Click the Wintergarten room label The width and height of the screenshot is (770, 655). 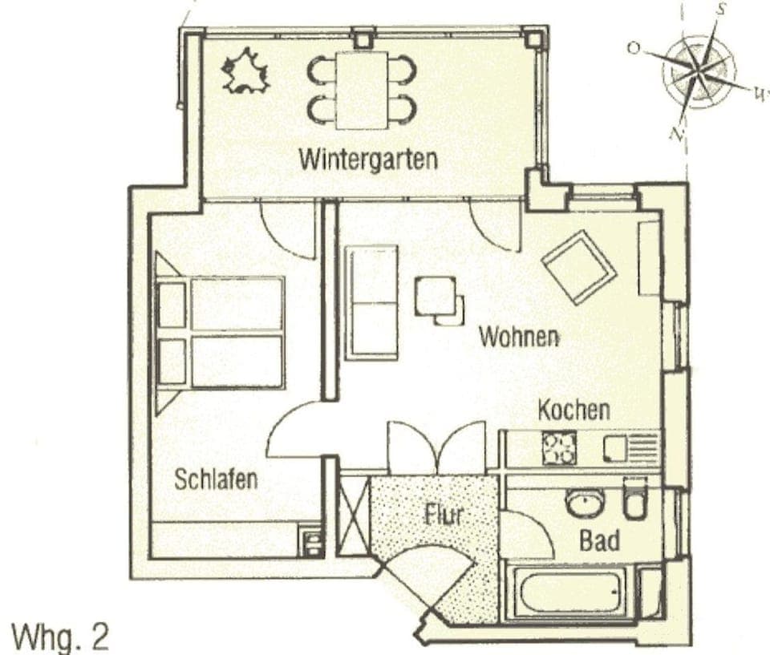click(368, 158)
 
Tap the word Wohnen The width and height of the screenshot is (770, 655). click(519, 336)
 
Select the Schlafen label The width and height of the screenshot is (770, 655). click(216, 479)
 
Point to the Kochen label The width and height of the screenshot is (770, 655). click(573, 410)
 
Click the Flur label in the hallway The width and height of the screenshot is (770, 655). click(444, 513)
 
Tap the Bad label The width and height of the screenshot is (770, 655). click(599, 540)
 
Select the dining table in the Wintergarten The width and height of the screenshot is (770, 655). click(362, 89)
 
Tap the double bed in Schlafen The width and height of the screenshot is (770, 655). click(221, 333)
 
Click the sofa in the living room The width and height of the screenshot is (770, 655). click(371, 302)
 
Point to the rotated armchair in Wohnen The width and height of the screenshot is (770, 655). click(578, 266)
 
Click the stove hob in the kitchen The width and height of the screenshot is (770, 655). click(559, 448)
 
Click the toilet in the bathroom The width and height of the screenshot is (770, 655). click(635, 498)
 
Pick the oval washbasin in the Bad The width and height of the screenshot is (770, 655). click(585, 503)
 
